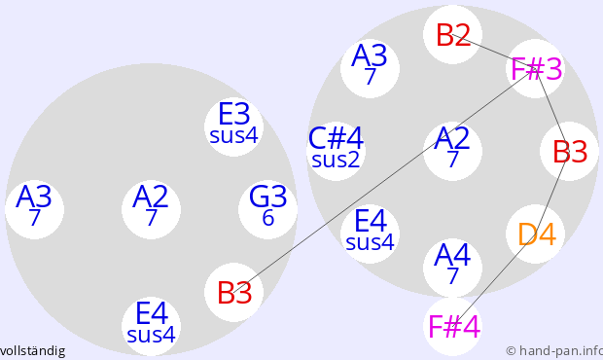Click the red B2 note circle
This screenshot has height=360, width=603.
coord(452,35)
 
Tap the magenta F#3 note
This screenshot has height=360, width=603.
coord(536,68)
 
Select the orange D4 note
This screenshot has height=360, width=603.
coord(536,234)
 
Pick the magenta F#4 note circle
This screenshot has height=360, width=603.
coord(452,326)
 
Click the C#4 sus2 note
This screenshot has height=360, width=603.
coord(337,151)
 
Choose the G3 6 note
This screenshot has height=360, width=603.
coord(268,209)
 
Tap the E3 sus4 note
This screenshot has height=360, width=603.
coord(233,126)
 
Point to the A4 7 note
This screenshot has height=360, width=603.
coord(452,269)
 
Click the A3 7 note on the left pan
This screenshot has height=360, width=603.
coord(35,209)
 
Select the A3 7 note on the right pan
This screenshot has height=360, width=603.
coord(370,68)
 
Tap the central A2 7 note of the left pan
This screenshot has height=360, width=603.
coord(151,209)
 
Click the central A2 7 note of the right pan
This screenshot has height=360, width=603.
coord(452,151)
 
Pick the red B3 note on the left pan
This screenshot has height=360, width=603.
coord(233,292)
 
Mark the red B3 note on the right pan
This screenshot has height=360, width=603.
coord(570,151)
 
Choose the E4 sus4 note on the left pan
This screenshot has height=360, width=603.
coord(151,326)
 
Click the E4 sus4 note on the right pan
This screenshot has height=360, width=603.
coord(370,234)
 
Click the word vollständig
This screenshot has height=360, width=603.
coord(32,351)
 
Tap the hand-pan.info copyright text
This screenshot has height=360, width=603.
coord(554,351)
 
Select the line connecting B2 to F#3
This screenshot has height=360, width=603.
coord(494,52)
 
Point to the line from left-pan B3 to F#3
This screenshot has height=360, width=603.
coord(384,180)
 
